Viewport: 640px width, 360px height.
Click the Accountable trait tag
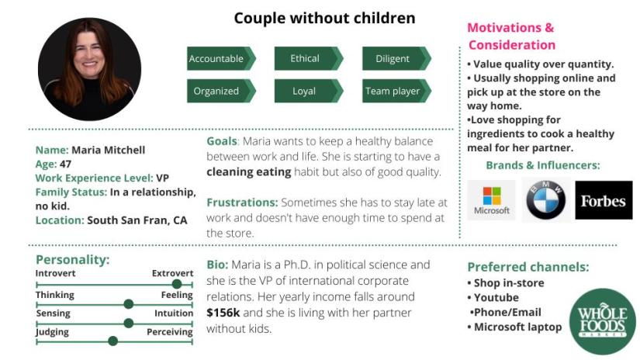pos(221,58)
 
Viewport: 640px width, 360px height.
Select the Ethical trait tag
pos(309,58)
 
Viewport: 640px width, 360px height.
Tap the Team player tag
pos(396,91)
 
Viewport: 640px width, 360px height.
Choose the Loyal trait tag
pos(309,91)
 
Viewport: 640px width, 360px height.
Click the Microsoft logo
pos(491,200)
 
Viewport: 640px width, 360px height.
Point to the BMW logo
pos(545,200)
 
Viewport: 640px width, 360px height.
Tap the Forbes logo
pos(604,200)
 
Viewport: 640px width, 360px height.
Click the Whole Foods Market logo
pos(603,322)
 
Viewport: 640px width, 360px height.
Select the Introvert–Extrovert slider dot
pos(177,284)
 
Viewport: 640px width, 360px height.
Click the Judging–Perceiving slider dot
pos(113,341)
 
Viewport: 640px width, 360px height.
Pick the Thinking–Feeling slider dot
pos(129,303)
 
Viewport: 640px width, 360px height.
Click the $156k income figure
pos(223,313)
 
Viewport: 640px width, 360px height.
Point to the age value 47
pos(66,164)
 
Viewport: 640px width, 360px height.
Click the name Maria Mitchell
pos(108,151)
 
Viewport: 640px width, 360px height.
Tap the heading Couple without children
pos(324,18)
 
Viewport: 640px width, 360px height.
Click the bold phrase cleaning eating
pos(248,172)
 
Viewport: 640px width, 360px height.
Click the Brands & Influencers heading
pos(543,165)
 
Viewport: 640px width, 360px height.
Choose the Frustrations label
pos(242,202)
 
